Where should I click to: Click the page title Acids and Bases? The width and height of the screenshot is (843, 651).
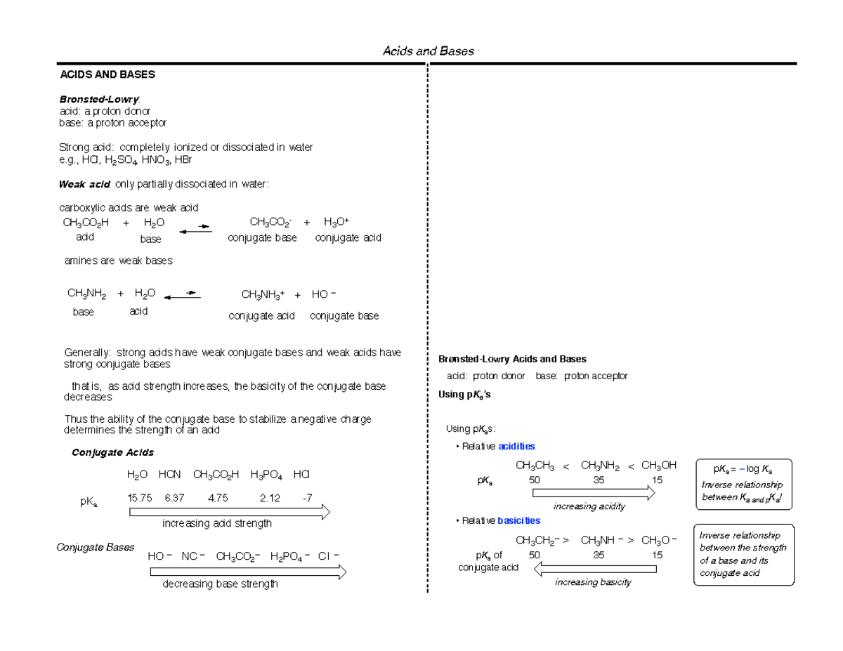tap(428, 51)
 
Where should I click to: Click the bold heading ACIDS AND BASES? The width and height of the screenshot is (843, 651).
tap(107, 74)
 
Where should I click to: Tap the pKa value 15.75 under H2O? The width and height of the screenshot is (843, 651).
tap(139, 498)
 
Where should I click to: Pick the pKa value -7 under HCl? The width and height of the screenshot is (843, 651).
tap(306, 498)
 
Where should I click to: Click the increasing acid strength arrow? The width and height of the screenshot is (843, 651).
tap(229, 513)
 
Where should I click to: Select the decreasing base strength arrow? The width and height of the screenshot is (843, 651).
tap(247, 573)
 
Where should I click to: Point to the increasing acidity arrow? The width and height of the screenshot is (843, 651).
tap(594, 494)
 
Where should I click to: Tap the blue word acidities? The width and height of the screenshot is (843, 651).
tap(516, 446)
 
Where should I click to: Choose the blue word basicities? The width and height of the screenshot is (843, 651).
tap(518, 520)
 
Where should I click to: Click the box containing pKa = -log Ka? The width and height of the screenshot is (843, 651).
tap(743, 484)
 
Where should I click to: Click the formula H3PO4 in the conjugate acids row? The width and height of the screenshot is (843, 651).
tap(266, 475)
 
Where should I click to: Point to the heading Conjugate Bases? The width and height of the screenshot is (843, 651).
tap(95, 547)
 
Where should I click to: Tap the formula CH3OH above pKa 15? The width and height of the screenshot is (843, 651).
tap(659, 465)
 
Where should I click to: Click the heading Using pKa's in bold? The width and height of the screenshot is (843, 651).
tap(464, 395)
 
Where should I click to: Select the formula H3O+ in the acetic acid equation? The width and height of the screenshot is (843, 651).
tap(336, 223)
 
